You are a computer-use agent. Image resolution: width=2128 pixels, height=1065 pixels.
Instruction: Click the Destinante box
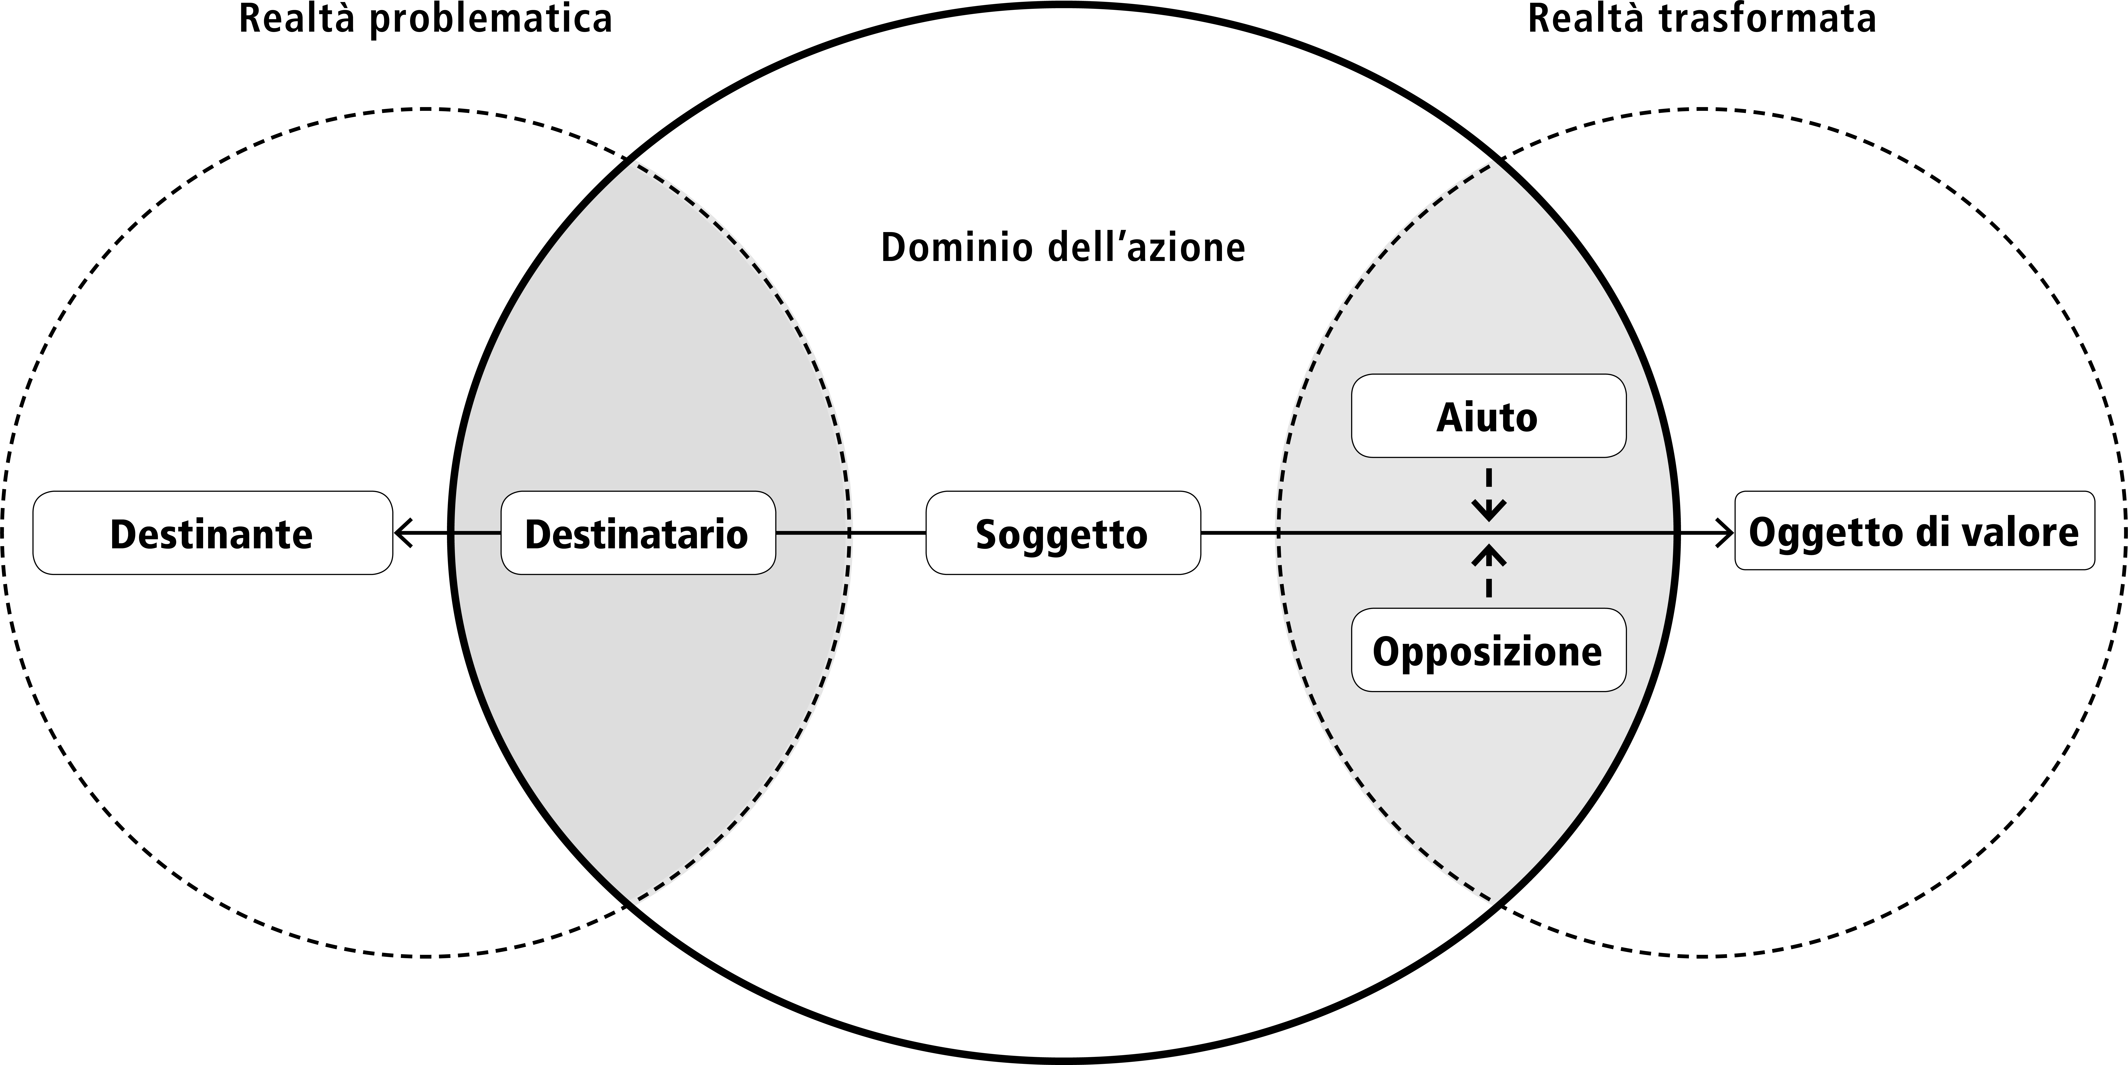click(x=212, y=533)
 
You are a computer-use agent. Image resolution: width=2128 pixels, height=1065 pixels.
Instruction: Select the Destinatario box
click(x=638, y=533)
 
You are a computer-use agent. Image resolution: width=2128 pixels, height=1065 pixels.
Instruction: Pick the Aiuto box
click(x=1489, y=416)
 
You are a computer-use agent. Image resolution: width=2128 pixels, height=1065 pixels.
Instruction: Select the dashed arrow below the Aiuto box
click(x=1489, y=494)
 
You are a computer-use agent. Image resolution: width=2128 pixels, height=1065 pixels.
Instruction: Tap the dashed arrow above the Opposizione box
click(x=1489, y=570)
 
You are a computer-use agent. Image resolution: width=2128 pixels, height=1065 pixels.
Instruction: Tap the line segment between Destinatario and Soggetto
click(x=851, y=533)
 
